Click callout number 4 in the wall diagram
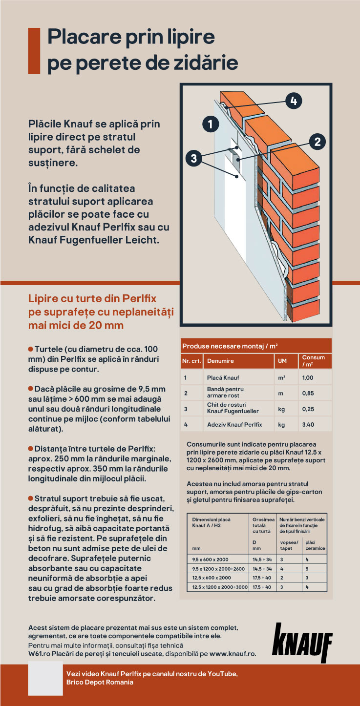click(x=293, y=101)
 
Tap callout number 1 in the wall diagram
click(x=211, y=124)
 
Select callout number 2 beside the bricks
click(x=318, y=142)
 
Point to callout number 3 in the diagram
click(x=194, y=158)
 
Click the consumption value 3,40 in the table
click(x=308, y=424)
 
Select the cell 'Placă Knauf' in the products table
click(x=222, y=377)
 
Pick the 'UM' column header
click(x=282, y=361)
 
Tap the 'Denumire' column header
click(x=220, y=361)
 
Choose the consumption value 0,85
click(x=308, y=393)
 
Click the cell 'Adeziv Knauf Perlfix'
click(x=234, y=424)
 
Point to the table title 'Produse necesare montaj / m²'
click(x=230, y=346)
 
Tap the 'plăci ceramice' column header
click(x=315, y=545)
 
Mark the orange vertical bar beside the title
click(x=34, y=51)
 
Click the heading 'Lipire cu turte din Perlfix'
click(x=92, y=298)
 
